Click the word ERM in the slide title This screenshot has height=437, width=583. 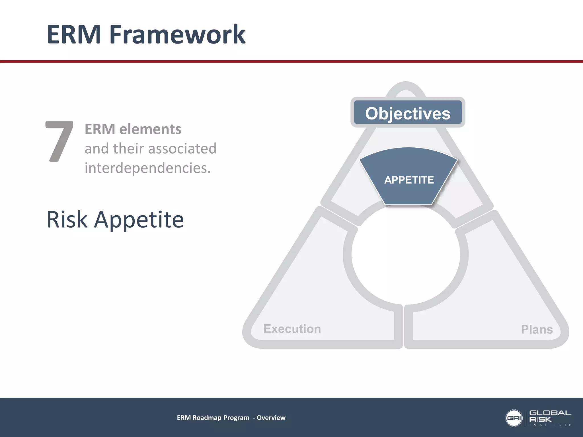coord(74,34)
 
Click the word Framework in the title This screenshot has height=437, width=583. coord(177,34)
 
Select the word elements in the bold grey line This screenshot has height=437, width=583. coord(150,129)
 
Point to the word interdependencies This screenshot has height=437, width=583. coord(147,168)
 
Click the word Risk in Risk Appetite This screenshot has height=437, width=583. coord(67,219)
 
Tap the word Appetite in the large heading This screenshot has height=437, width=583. coord(139,220)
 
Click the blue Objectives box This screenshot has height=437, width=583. coord(408,113)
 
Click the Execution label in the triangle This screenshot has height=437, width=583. coord(292,329)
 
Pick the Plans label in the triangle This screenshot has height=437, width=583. coord(537,329)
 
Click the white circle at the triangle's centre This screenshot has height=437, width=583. coord(406,255)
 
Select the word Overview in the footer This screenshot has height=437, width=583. coord(271,418)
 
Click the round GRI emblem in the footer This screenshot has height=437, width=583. coord(514,418)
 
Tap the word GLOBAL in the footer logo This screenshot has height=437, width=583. coord(550,413)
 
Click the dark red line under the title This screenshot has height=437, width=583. coord(291,61)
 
